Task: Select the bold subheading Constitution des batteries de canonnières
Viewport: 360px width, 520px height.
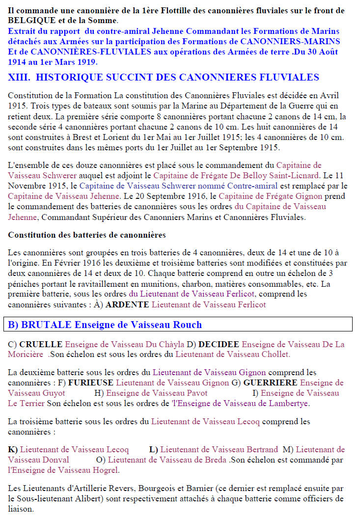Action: point(87,235)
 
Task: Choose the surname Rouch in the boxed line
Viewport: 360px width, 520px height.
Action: point(189,325)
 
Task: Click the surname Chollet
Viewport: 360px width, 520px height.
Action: point(276,354)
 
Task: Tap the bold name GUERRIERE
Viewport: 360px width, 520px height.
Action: point(270,383)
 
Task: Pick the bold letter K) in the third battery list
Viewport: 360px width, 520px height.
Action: point(13,449)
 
